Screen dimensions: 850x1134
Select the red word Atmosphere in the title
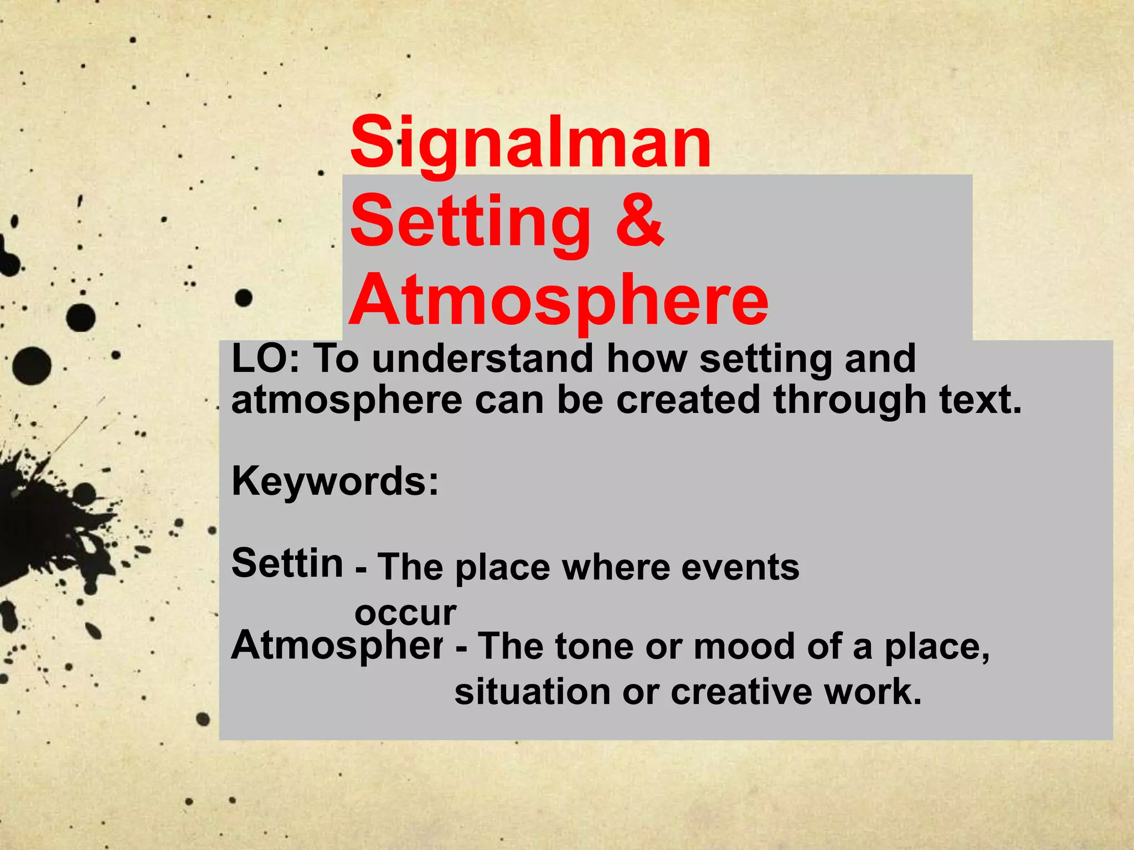click(x=558, y=302)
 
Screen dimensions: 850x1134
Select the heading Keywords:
click(x=335, y=481)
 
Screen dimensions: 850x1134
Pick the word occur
click(x=405, y=613)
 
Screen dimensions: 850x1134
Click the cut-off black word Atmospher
click(x=337, y=646)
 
